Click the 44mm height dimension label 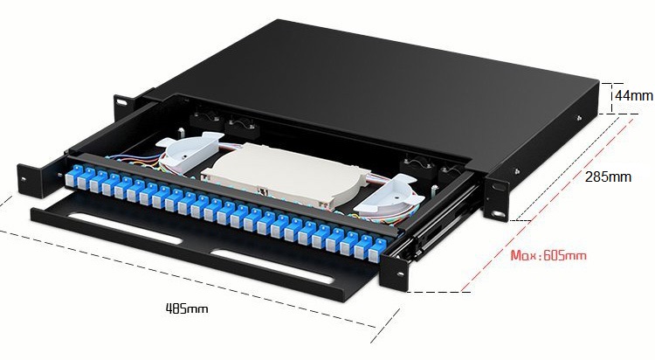click(634, 96)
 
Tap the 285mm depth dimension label click(608, 177)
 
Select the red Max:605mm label click(548, 255)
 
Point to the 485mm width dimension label click(187, 309)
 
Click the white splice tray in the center click(286, 175)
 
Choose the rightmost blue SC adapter click(376, 251)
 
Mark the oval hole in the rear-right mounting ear click(498, 214)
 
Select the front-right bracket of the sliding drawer click(394, 272)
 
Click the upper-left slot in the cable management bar click(124, 229)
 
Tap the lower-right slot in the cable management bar click(272, 267)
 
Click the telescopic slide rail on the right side click(443, 221)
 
